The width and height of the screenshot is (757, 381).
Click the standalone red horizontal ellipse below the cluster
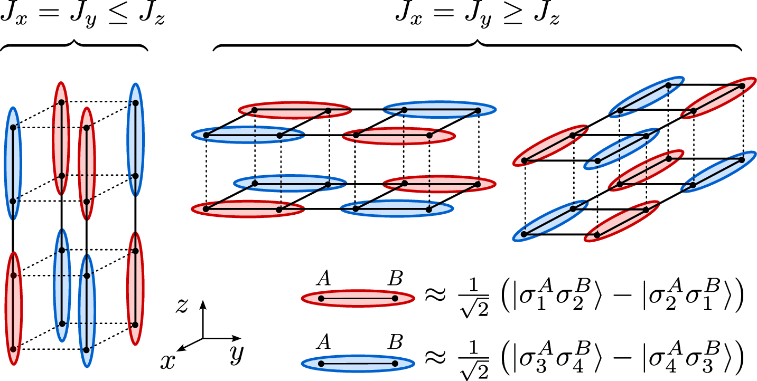[358, 299]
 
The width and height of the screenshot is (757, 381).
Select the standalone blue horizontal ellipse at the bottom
[358, 364]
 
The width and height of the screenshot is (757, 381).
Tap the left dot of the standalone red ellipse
[321, 299]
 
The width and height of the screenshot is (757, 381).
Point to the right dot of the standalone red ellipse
[395, 299]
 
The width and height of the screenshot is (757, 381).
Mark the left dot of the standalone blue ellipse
[321, 364]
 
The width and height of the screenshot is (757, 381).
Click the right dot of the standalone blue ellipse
[395, 364]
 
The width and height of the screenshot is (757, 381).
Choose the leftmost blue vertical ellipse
[13, 164]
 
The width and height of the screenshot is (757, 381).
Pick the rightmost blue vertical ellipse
[135, 139]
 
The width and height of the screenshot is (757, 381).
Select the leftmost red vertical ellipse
[13, 309]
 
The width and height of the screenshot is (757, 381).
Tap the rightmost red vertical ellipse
[135, 288]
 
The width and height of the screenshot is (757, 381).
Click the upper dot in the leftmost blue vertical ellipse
[13, 128]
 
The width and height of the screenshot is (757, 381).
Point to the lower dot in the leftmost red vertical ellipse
[13, 349]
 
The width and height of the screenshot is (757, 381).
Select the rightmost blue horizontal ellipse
[440, 110]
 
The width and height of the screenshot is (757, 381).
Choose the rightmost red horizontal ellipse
[439, 184]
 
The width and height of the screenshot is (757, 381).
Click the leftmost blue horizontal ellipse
[248, 135]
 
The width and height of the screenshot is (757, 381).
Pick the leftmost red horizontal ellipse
[248, 209]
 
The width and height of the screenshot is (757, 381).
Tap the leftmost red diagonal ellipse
[550, 146]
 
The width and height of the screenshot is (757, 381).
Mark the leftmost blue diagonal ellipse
[550, 221]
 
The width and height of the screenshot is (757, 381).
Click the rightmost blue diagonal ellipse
[718, 172]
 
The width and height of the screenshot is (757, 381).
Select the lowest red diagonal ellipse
[622, 221]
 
